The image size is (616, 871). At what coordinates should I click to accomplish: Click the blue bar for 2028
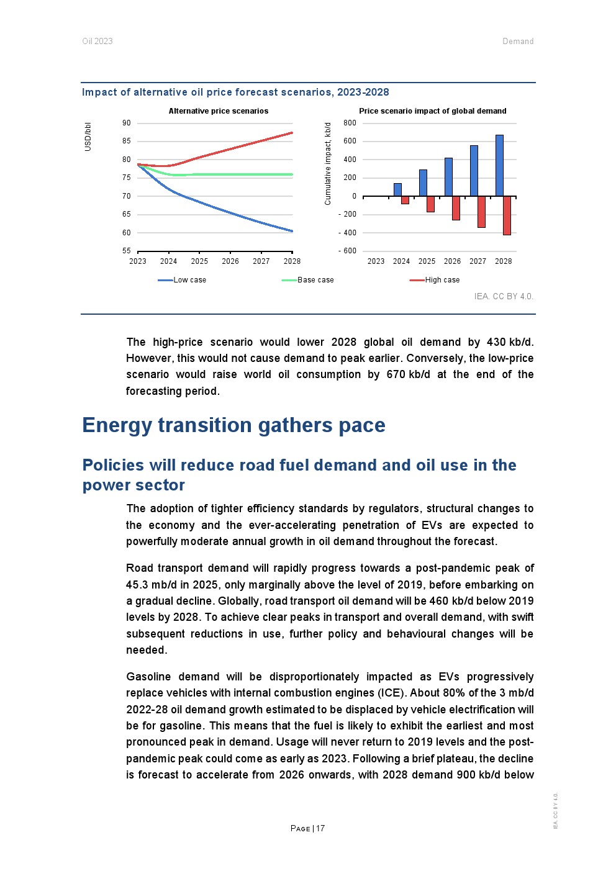[x=499, y=165]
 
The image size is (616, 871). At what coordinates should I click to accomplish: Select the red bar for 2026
[x=456, y=208]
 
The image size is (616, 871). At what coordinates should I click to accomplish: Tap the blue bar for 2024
[x=397, y=189]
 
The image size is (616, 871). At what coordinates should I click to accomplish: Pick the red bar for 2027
[x=481, y=212]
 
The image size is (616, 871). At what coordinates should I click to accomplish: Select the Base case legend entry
[x=315, y=280]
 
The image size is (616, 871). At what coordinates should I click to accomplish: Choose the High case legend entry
[x=442, y=280]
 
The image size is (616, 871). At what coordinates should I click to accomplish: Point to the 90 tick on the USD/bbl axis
[x=127, y=123]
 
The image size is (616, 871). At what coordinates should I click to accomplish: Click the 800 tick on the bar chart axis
[x=350, y=123]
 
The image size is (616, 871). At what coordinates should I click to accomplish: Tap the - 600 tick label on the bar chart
[x=348, y=251]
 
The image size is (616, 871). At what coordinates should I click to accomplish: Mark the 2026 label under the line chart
[x=230, y=261]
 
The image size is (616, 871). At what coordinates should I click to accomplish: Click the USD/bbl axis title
[x=88, y=137]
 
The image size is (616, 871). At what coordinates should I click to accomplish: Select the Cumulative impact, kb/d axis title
[x=328, y=163]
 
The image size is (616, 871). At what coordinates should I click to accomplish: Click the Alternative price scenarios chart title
[x=219, y=111]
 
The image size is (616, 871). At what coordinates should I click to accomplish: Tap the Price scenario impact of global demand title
[x=433, y=111]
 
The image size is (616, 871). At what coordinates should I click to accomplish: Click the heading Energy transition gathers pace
[x=233, y=425]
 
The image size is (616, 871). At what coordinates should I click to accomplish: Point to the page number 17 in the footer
[x=320, y=828]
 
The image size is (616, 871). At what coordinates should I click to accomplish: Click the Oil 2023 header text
[x=97, y=42]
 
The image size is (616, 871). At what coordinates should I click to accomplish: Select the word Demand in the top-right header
[x=518, y=42]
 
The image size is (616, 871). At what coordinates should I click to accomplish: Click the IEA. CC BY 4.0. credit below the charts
[x=504, y=296]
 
